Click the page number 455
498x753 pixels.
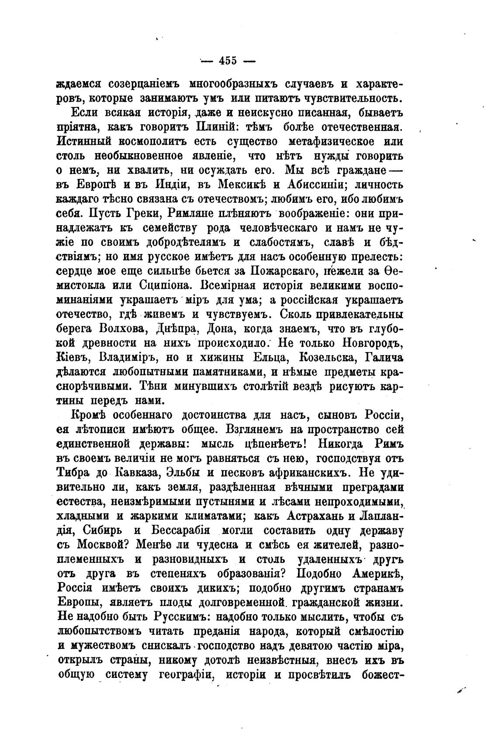[227, 61]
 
